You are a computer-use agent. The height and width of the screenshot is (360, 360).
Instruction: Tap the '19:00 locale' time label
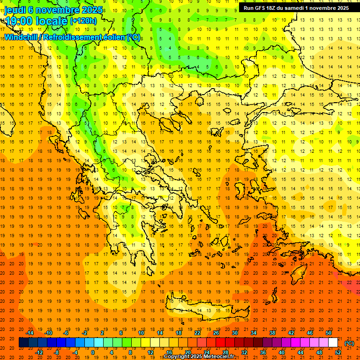point(36,21)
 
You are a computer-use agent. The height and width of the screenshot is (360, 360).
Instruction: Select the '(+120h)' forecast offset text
point(83,21)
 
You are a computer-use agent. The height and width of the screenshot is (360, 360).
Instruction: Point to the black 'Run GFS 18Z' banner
point(295,8)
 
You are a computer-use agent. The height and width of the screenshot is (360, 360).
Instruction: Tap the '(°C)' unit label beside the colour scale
point(349,343)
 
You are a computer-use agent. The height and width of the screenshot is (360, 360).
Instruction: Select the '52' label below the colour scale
point(338,352)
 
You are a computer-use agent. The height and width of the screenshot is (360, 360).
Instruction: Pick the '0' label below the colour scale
point(92,352)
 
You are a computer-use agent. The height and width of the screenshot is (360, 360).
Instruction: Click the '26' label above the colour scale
point(216,333)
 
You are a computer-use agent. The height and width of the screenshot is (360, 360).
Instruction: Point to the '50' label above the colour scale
point(329,333)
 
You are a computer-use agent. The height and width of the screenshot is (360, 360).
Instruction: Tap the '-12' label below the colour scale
point(39,352)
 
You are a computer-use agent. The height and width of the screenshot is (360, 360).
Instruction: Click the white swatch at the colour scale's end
point(333,343)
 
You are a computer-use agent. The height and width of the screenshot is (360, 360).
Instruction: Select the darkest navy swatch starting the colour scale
point(23,343)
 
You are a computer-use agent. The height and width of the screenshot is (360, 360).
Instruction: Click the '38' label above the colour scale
point(272,333)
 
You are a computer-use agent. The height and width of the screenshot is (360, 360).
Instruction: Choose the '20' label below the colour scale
point(188,352)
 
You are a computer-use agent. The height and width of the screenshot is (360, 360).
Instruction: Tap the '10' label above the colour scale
point(141,333)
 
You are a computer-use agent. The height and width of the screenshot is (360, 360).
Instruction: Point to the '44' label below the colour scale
point(300,352)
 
